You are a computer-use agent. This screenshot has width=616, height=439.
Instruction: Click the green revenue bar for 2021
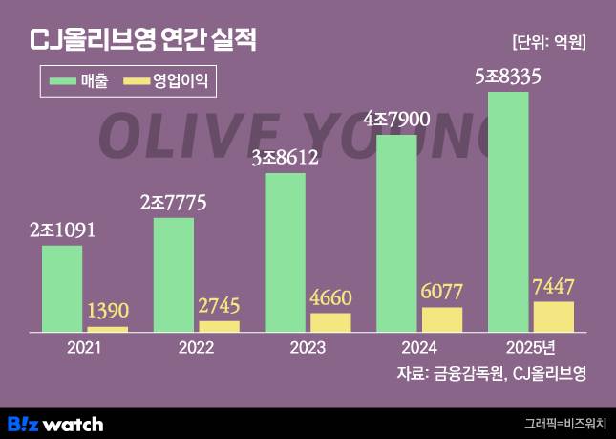pyautogui.click(x=62, y=289)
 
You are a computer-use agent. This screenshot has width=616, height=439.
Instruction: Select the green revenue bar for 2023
pyautogui.click(x=286, y=252)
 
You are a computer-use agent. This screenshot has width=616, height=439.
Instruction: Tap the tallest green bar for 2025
pyautogui.click(x=508, y=211)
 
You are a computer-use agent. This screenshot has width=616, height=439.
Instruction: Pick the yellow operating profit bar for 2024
pyautogui.click(x=442, y=319)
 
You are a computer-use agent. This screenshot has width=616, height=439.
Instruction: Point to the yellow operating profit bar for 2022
pyautogui.click(x=220, y=326)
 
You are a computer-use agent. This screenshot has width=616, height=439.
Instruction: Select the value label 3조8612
pyautogui.click(x=285, y=159)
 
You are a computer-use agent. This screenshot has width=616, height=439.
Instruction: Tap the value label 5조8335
pyautogui.click(x=509, y=77)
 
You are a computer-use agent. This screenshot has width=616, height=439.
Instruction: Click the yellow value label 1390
pyautogui.click(x=108, y=312)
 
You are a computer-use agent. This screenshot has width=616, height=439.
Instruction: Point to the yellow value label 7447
pyautogui.click(x=554, y=286)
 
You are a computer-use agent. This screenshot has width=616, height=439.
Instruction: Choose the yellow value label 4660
pyautogui.click(x=330, y=297)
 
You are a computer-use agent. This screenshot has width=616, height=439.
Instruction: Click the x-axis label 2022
pyautogui.click(x=197, y=347)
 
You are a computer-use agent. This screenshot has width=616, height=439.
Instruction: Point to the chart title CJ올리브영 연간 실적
pyautogui.click(x=143, y=40)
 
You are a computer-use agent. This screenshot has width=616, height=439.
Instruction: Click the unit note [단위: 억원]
pyautogui.click(x=548, y=42)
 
